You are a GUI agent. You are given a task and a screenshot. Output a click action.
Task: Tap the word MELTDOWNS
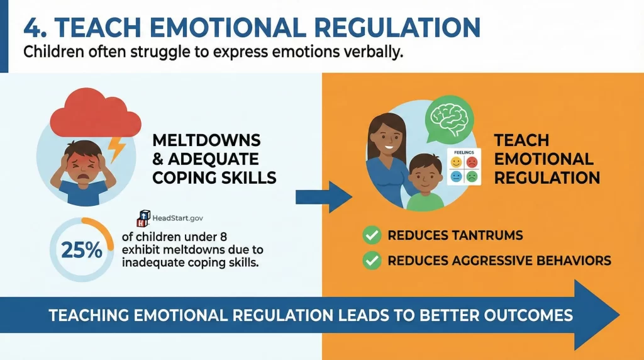coord(205,140)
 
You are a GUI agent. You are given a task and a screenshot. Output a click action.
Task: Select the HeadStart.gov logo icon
coord(142,219)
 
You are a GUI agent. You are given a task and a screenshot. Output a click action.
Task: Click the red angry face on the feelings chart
coord(472,162)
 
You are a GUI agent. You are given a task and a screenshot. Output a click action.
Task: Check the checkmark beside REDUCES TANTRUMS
coord(372,236)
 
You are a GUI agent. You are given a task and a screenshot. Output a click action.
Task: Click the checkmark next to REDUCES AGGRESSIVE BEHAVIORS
coord(372,261)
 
